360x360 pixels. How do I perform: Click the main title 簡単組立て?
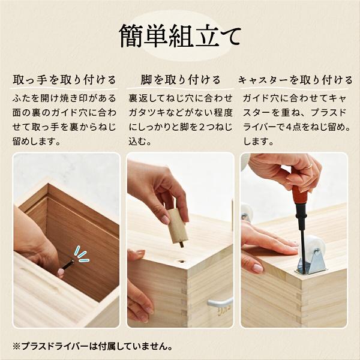[179, 35]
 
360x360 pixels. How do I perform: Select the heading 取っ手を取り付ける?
[64, 80]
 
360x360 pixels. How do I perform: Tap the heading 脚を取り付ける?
[181, 80]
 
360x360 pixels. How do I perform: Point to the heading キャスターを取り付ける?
[295, 80]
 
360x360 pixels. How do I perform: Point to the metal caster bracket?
[313, 262]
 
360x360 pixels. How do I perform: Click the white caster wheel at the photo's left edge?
[245, 212]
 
